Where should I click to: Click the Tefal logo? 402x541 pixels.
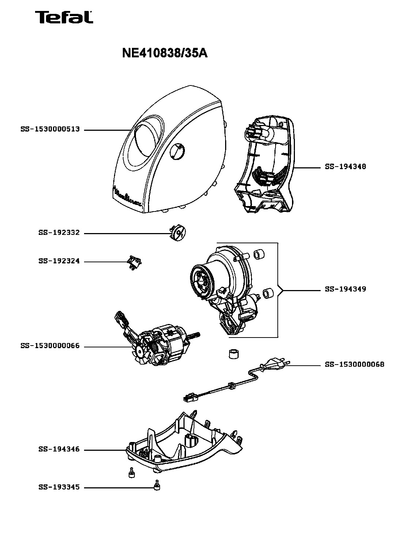tap(64, 17)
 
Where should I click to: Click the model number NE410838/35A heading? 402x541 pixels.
tap(165, 53)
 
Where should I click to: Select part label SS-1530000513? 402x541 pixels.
tap(50, 129)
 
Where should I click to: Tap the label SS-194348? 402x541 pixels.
tap(345, 167)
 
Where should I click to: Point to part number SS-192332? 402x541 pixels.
tap(59, 232)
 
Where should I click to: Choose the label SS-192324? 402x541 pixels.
tap(59, 261)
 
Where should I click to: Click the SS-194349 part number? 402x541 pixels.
tap(345, 289)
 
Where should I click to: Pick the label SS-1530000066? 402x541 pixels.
tap(50, 346)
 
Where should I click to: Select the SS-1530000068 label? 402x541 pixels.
tap(354, 365)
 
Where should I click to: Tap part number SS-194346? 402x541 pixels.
tap(59, 449)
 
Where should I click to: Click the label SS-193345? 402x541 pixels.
tap(59, 487)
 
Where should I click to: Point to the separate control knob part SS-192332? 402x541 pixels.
tap(178, 233)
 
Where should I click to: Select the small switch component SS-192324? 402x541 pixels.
tap(134, 263)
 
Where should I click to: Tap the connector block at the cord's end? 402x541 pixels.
tap(190, 399)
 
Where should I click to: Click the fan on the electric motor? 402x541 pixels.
tap(141, 352)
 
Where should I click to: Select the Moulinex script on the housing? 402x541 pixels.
tap(127, 197)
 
